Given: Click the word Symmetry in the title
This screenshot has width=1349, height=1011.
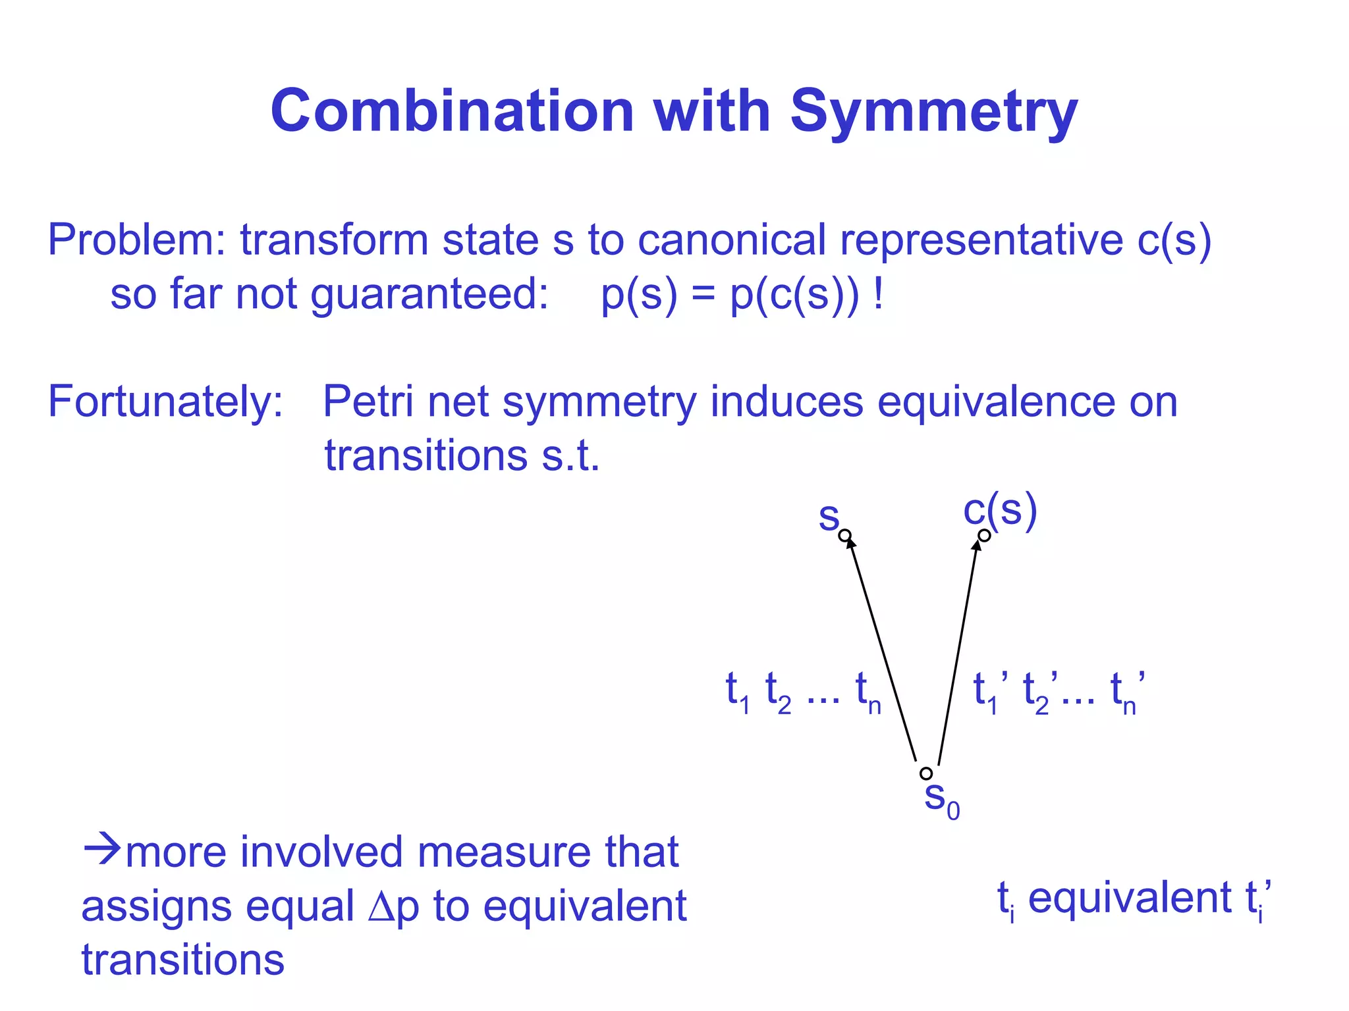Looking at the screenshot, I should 933,112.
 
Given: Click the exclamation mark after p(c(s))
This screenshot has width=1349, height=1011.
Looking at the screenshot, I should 878,294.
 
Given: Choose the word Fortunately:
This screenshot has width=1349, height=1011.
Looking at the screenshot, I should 165,402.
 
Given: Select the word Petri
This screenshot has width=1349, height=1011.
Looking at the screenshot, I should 368,401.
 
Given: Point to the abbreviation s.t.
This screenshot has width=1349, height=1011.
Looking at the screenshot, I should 570,455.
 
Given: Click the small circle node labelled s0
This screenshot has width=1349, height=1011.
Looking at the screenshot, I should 926,773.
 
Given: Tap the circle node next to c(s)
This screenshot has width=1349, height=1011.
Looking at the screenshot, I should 984,536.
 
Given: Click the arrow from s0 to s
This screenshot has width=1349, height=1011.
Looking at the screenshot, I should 881,648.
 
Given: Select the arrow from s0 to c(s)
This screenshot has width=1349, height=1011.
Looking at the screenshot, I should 958,652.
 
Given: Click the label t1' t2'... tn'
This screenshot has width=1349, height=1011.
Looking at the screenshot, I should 1059,692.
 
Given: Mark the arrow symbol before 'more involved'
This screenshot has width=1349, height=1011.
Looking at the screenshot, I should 102,850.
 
